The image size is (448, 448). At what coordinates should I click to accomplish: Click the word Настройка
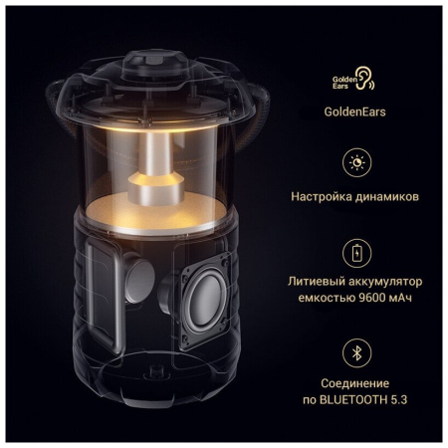[x=324, y=196]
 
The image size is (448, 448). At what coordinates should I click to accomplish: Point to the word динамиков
[x=387, y=196]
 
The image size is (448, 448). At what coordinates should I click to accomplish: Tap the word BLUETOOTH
[x=355, y=400]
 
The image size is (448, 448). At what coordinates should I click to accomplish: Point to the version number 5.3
[x=400, y=400]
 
